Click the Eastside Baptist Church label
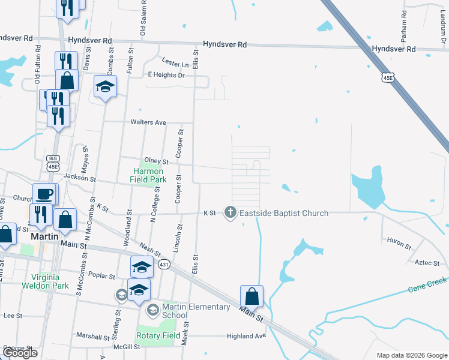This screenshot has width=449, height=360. [x=284, y=213]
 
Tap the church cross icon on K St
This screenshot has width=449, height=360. [x=229, y=212]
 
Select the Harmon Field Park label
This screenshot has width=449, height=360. [x=149, y=175]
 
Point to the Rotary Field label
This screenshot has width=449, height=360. [x=157, y=335]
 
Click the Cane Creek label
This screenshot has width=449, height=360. [x=428, y=286]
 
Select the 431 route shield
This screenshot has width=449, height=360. [x=163, y=264]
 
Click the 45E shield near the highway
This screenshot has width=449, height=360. [x=389, y=77]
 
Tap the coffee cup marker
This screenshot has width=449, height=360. [x=44, y=194]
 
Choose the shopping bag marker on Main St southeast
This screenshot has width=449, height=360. [x=252, y=296]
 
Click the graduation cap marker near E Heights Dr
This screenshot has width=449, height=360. [x=106, y=88]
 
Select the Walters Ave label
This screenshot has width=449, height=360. [x=148, y=122]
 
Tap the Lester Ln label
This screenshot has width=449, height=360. [x=175, y=62]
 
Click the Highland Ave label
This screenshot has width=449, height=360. [x=246, y=336]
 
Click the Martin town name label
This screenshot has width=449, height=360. [x=46, y=236]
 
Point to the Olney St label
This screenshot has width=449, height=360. [x=157, y=161]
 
